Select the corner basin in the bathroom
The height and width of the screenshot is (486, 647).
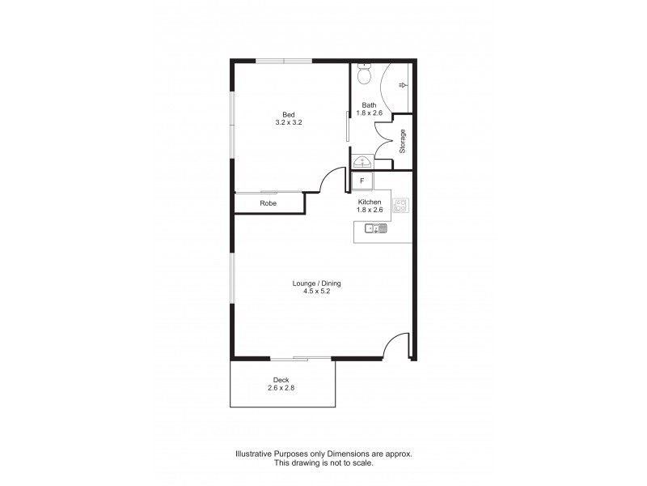tap(362, 160)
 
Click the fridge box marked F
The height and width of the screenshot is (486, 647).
tap(362, 181)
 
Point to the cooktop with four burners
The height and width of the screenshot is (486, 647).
tap(400, 206)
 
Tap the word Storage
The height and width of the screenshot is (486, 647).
tap(402, 142)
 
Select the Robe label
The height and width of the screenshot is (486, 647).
tap(269, 203)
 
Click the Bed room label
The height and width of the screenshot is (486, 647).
tap(287, 113)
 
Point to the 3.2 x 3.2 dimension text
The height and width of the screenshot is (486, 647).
tap(287, 122)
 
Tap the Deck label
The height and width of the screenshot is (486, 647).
tap(281, 380)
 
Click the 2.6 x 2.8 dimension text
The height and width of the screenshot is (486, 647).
tap(281, 388)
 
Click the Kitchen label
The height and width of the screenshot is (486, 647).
tap(370, 202)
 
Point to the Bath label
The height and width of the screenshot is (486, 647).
tap(369, 105)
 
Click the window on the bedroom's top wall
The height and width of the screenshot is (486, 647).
tap(284, 61)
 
